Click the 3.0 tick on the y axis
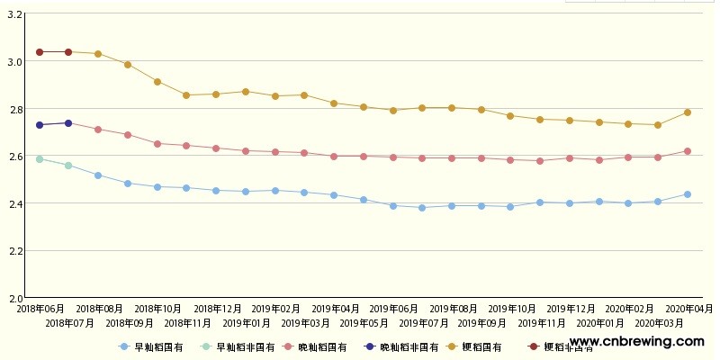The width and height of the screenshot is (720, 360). pos(14,62)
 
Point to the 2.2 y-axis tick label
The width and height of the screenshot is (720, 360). pos(14,250)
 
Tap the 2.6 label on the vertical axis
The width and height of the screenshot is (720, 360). pos(14,157)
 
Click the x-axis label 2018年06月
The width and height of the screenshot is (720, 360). pos(40,309)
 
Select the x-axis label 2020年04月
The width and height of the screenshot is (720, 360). pos(688,309)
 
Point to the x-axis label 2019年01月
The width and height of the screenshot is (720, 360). pos(246,322)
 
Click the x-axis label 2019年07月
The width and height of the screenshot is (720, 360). pos(423,322)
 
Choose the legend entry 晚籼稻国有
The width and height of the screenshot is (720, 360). pos(321,346)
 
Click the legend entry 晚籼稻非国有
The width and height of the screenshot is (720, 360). pos(408,346)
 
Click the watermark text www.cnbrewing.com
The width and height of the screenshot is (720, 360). pos(637,342)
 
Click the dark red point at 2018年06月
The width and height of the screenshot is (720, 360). pos(40,52)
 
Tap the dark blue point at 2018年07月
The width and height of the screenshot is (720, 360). pos(68,123)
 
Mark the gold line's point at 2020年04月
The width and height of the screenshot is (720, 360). pos(688,112)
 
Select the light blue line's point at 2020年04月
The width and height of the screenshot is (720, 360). pos(688,194)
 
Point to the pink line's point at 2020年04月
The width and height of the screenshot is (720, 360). pos(688,151)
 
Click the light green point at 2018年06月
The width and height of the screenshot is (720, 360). pos(40,159)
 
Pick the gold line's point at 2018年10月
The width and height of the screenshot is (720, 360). pos(157,82)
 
